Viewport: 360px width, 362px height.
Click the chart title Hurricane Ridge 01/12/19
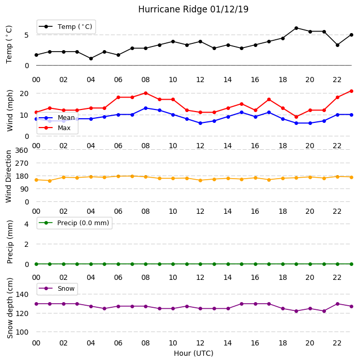[x=193, y=9]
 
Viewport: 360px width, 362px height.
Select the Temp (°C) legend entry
[x=66, y=27]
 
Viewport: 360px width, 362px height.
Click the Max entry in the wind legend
[x=55, y=128]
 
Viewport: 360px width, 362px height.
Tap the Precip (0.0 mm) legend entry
[x=74, y=223]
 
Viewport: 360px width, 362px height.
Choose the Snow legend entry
[x=57, y=289]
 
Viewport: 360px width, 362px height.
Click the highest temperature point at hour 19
[x=297, y=28]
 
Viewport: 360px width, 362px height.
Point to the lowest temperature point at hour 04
[x=91, y=59]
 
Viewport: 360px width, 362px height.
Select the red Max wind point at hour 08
[x=145, y=93]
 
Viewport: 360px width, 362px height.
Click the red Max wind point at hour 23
[x=351, y=91]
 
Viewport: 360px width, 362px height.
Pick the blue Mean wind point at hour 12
[x=201, y=123]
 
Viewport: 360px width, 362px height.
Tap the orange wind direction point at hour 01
[x=50, y=181]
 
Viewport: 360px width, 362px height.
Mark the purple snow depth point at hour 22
[x=338, y=304]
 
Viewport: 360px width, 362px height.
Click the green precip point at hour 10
[x=173, y=264]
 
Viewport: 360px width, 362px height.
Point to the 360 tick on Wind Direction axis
[x=22, y=150]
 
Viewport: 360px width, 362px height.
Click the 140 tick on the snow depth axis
[x=22, y=294]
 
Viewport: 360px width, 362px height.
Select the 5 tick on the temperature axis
[x=27, y=35]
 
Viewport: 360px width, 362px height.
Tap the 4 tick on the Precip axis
[x=27, y=224]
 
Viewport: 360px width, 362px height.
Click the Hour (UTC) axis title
[x=193, y=353]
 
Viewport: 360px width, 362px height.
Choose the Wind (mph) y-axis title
[x=10, y=111]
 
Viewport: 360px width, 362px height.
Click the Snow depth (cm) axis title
[x=10, y=308]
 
